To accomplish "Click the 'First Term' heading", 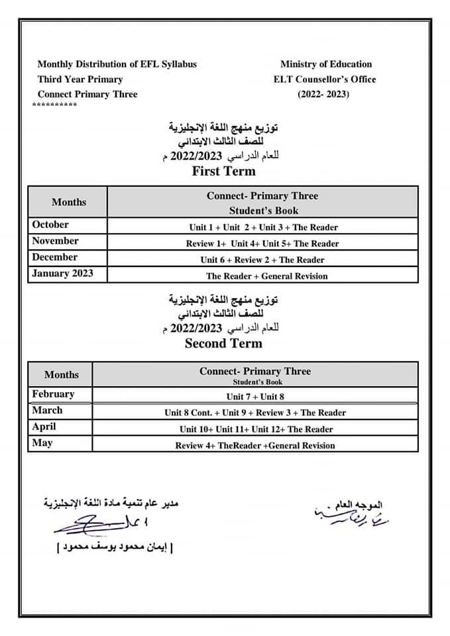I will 223,172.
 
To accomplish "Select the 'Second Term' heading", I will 223,344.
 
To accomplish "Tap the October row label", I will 50,225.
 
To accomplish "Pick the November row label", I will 55,241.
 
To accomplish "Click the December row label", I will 54,258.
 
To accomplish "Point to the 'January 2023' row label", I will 62,274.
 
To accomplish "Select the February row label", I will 53,394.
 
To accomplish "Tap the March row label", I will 47,411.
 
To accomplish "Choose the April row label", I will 44,427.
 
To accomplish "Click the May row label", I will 42,443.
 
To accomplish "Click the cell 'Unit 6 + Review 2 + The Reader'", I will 262,260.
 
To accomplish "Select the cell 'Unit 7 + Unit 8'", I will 255,397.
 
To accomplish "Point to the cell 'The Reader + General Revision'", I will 266,276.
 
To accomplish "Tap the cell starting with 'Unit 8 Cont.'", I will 255,413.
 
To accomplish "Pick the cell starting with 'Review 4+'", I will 255,446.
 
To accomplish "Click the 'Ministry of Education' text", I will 326,64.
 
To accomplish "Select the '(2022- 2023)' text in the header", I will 323,94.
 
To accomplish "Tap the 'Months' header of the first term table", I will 69,202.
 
